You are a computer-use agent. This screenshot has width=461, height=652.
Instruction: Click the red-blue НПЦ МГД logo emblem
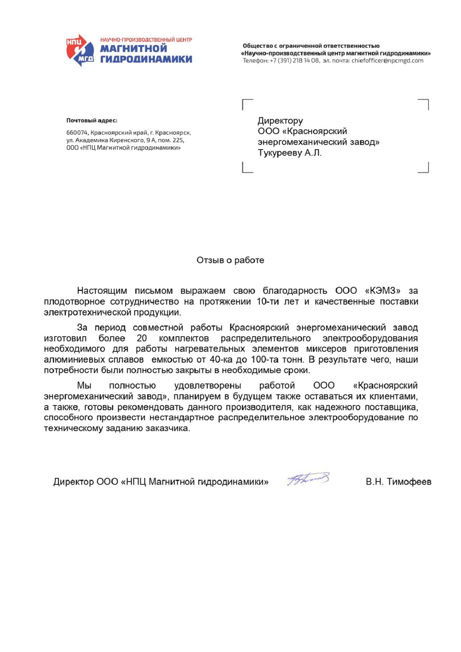coord(80,50)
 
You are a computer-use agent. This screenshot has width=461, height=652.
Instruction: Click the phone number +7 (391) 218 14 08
coord(294,61)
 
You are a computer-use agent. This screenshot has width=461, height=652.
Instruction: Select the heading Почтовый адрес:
coord(91,120)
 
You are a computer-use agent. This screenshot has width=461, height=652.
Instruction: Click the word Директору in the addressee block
coord(280,120)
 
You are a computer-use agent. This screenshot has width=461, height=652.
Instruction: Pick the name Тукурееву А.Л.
coord(290,153)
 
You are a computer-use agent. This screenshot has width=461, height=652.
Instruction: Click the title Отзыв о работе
coord(230,260)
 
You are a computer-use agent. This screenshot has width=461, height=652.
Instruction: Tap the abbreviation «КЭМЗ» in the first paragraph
coord(382,290)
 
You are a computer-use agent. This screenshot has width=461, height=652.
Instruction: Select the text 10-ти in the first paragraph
coord(268,301)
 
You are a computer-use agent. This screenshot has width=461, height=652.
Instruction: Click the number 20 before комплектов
coord(142,338)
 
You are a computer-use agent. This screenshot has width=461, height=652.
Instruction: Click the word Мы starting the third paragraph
coord(84,385)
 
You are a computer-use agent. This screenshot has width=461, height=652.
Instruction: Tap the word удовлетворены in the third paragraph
coord(207,385)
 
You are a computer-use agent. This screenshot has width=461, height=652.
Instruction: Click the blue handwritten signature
coord(308,479)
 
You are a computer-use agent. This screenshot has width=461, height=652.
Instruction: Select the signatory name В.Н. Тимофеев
coord(398,482)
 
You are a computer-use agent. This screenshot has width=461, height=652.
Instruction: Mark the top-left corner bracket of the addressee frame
coord(247,104)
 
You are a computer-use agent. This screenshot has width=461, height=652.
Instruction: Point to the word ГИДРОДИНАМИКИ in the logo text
coord(146,59)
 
